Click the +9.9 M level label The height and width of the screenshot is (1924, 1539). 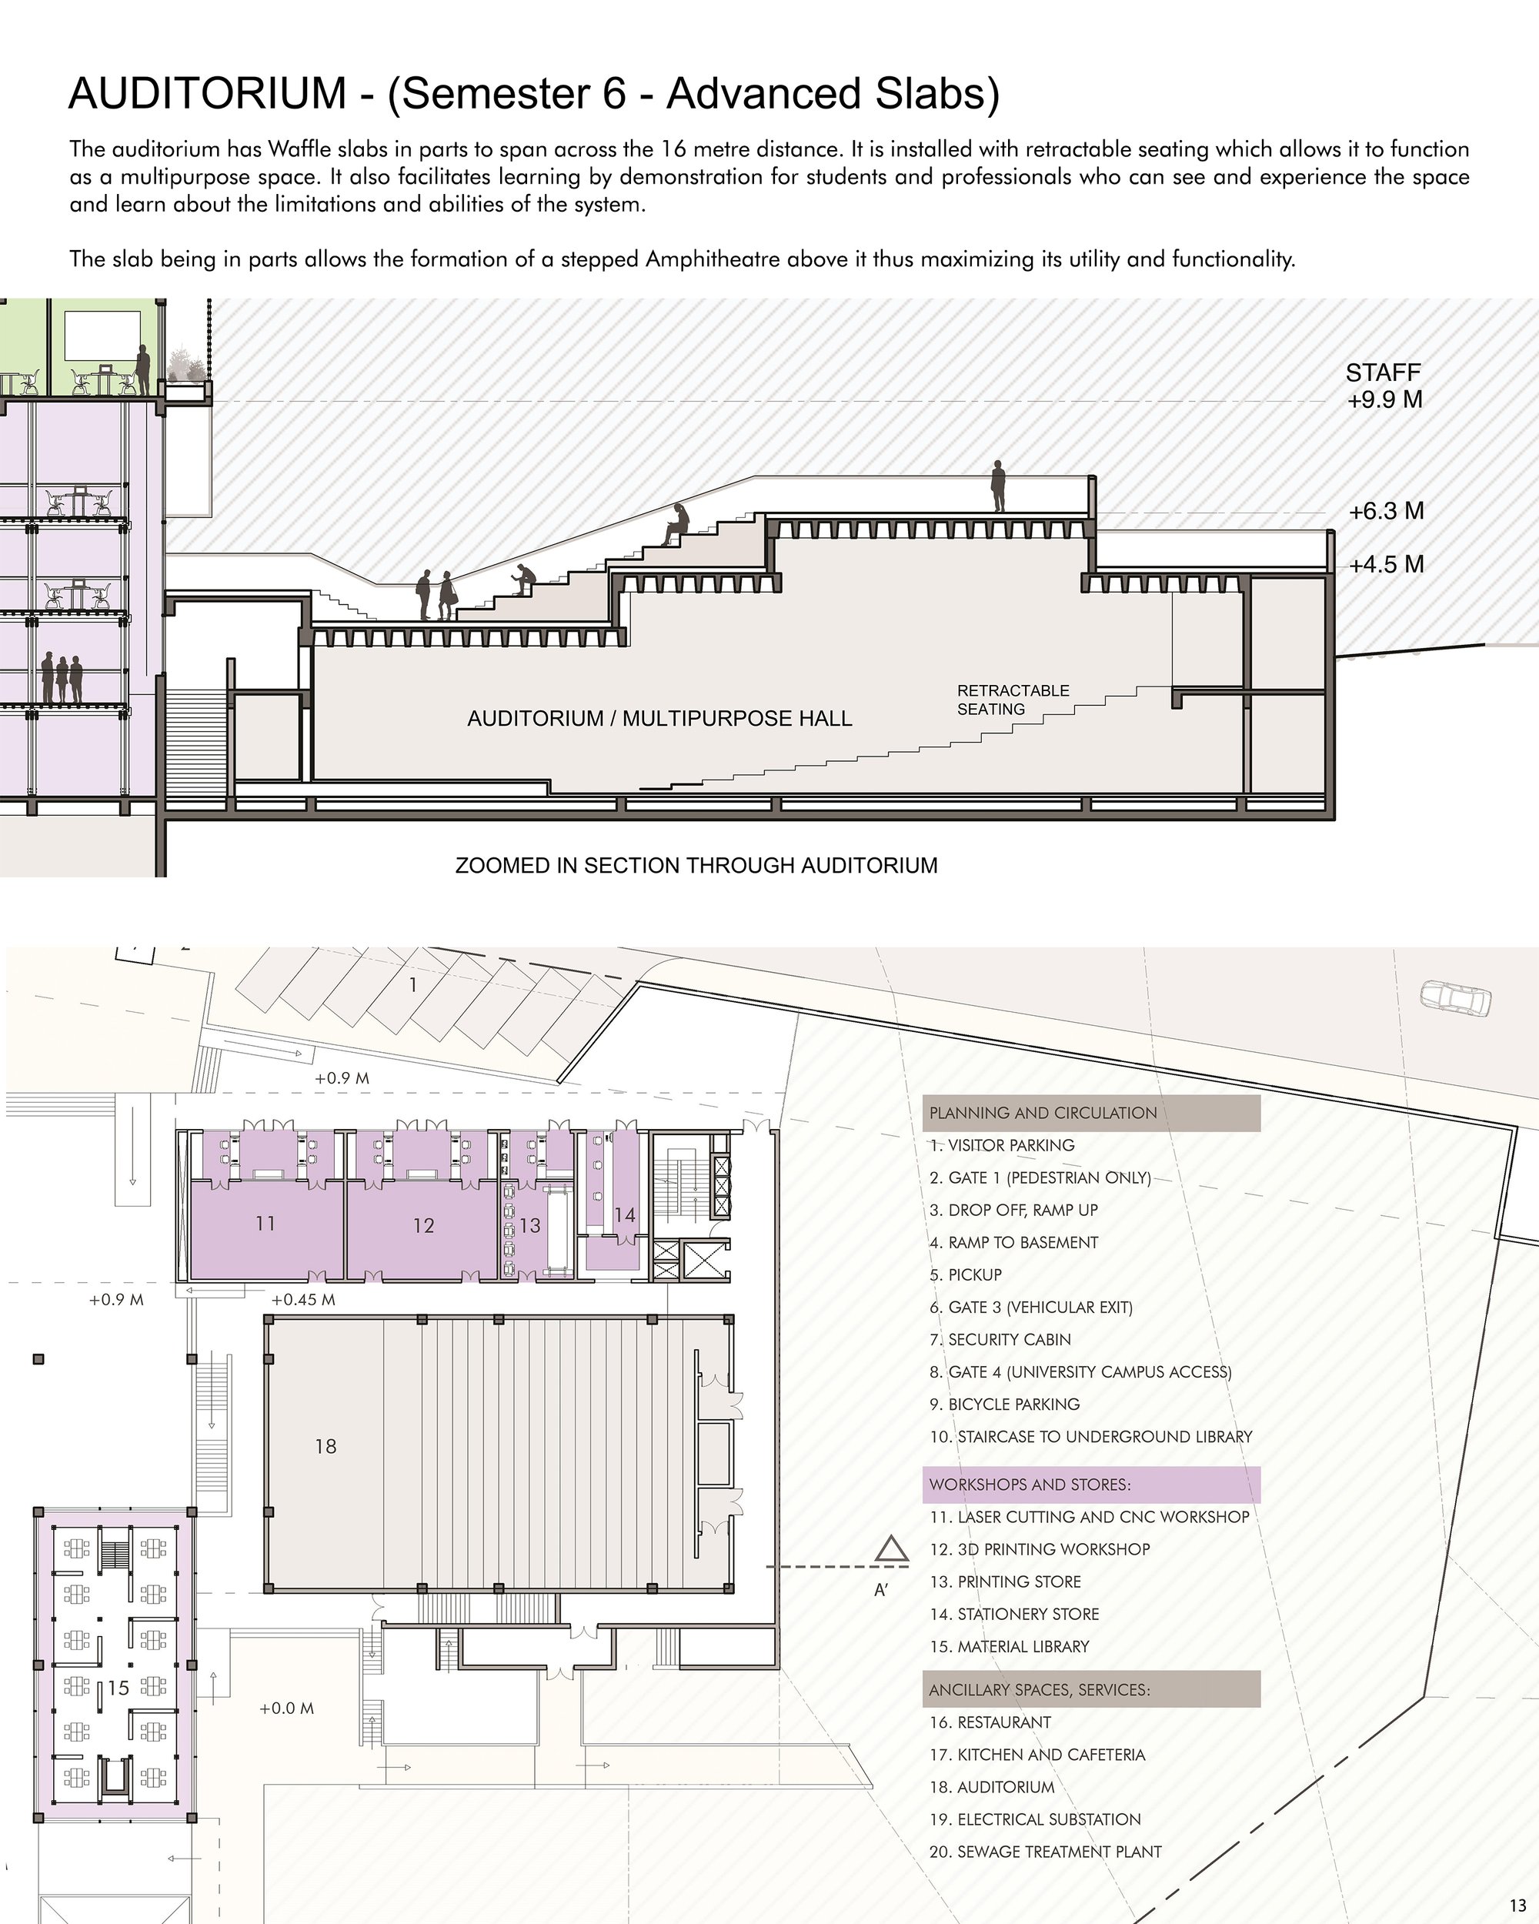click(1384, 399)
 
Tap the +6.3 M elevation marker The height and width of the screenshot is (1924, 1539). click(1387, 511)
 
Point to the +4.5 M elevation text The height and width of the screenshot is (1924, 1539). click(1387, 564)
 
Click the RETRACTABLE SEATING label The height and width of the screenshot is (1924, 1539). click(1013, 700)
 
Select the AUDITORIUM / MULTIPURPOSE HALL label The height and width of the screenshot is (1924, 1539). click(659, 718)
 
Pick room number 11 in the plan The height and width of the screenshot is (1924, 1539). click(265, 1224)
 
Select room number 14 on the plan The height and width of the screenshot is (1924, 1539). click(625, 1214)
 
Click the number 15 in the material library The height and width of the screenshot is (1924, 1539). click(119, 1689)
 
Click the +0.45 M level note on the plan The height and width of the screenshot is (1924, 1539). click(303, 1299)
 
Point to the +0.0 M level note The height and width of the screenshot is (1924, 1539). click(286, 1708)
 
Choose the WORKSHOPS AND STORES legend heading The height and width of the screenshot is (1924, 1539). click(1030, 1484)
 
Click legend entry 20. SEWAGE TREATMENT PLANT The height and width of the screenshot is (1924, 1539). click(1045, 1852)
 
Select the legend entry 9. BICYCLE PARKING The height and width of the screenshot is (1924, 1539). click(1003, 1404)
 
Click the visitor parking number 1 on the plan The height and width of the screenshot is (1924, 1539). click(413, 985)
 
